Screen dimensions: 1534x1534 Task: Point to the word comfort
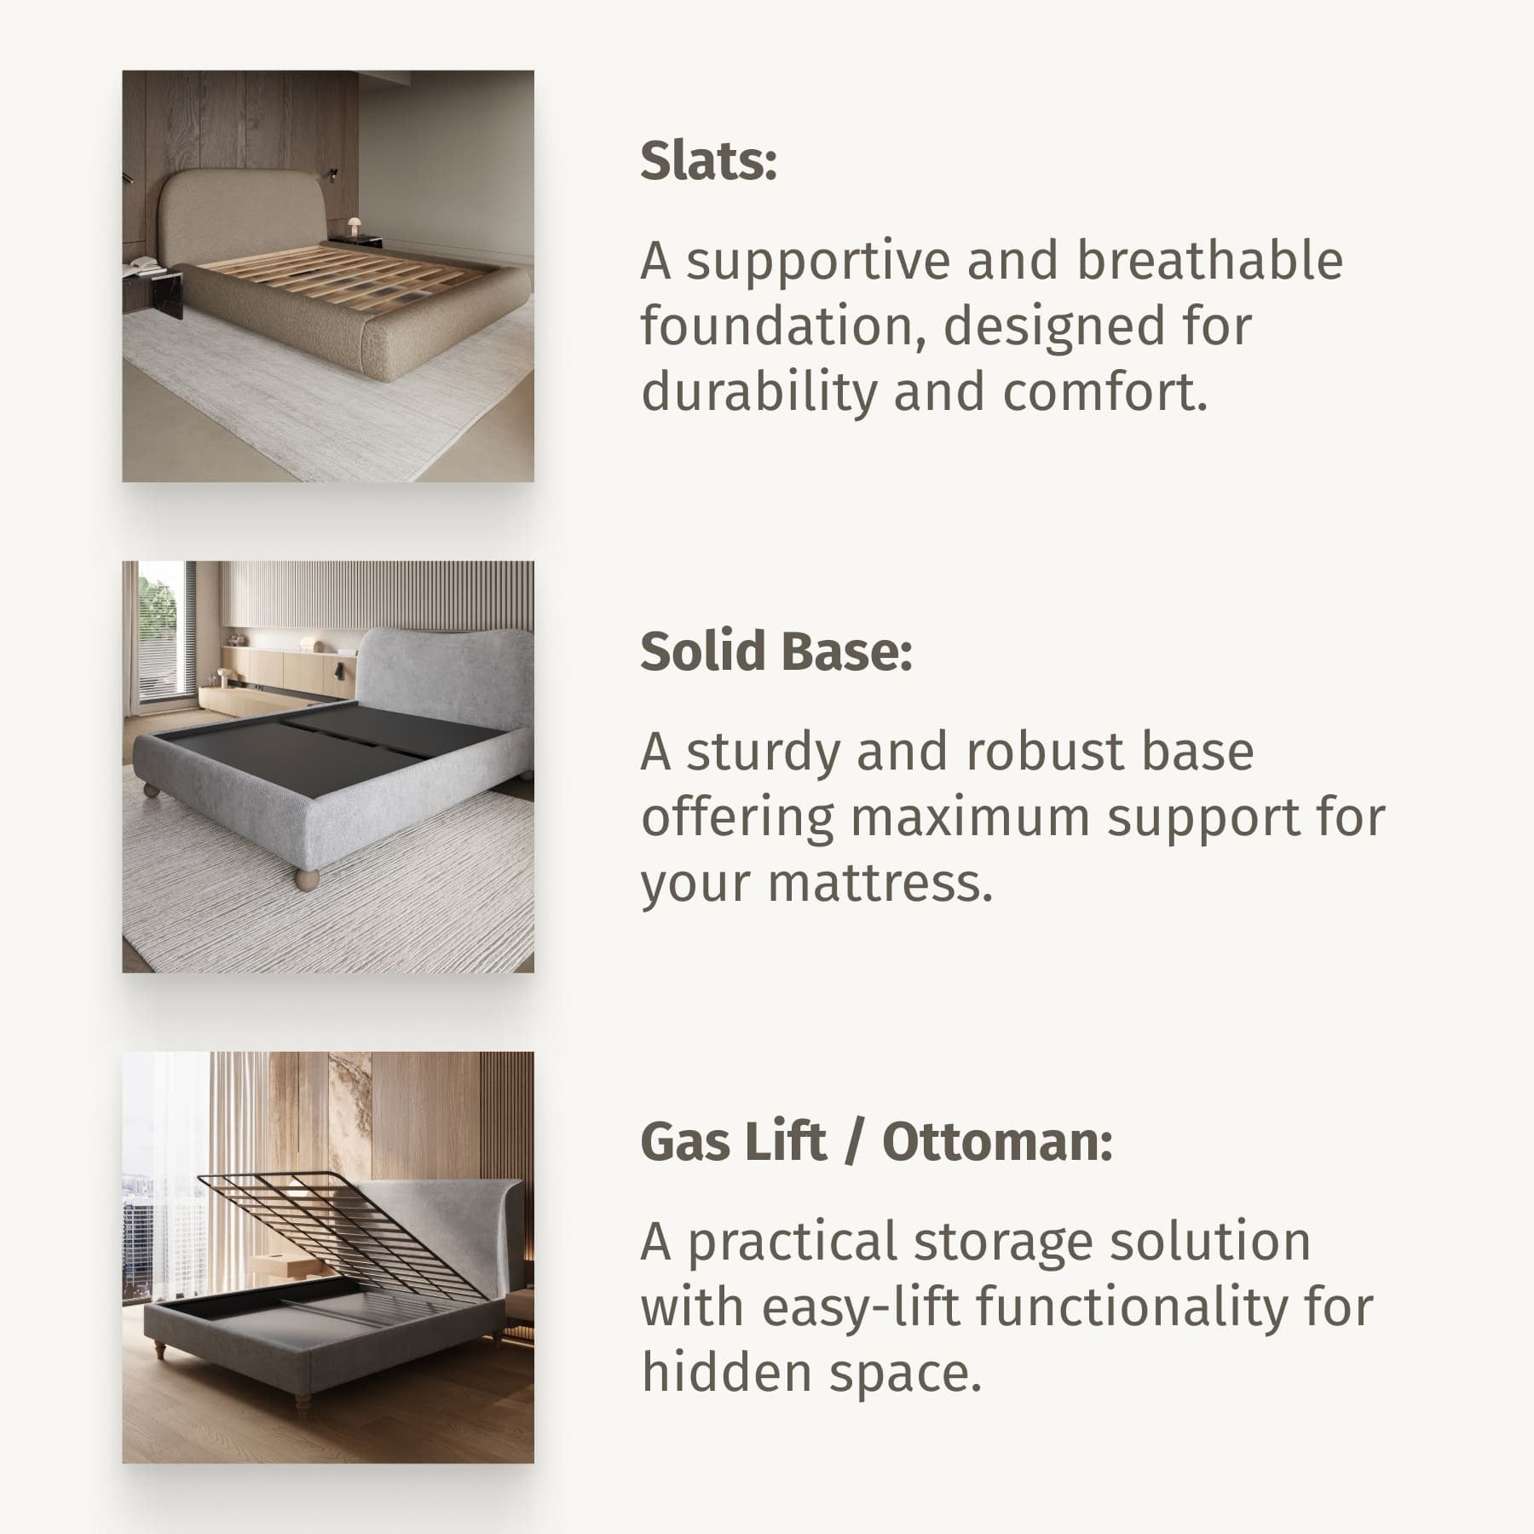[1105, 392]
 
